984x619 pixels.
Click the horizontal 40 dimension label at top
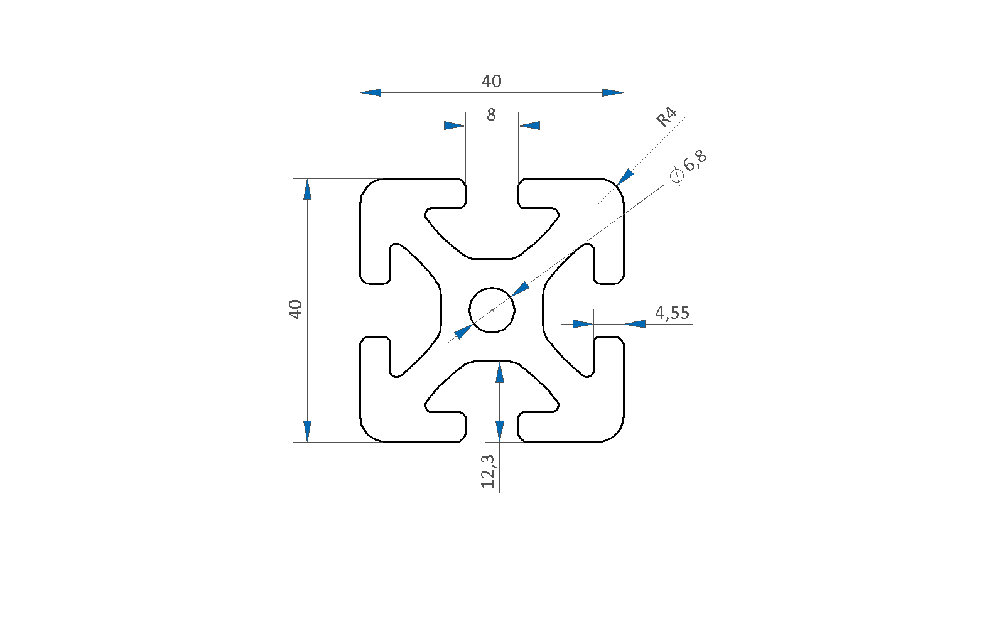click(x=491, y=81)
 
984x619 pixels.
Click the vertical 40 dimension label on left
click(x=295, y=309)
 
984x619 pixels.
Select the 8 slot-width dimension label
click(x=491, y=115)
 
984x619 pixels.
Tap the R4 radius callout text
click(x=666, y=117)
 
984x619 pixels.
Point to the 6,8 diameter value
click(x=695, y=161)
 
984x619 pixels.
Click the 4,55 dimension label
click(x=672, y=313)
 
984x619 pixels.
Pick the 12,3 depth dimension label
click(x=488, y=471)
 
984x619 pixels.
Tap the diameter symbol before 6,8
click(x=677, y=176)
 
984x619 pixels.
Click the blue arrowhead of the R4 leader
click(x=625, y=177)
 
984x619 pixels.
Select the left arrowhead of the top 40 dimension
click(x=370, y=93)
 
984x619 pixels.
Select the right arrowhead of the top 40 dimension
click(x=613, y=93)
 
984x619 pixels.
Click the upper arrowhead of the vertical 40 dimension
click(x=308, y=190)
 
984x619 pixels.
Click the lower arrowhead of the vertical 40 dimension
click(x=308, y=431)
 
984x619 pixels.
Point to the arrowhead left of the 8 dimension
click(x=454, y=126)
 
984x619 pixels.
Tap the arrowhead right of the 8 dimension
click(x=529, y=126)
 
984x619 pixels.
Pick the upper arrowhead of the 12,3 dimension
click(x=499, y=372)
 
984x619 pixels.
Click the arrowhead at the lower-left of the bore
click(x=463, y=331)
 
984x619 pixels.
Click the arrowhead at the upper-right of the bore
click(x=521, y=289)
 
